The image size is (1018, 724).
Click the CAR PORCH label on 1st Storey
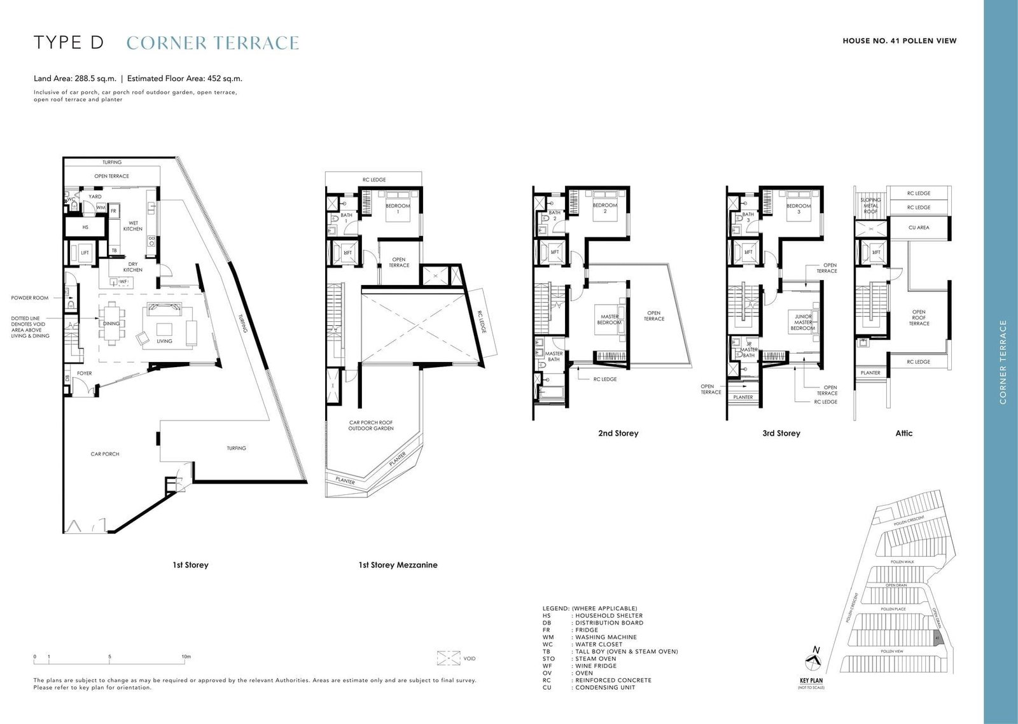(x=105, y=454)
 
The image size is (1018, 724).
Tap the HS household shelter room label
(x=85, y=227)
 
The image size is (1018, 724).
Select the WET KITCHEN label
(x=133, y=226)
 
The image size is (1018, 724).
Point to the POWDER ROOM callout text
(x=29, y=298)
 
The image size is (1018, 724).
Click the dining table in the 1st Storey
(x=111, y=324)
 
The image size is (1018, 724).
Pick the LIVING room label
(x=164, y=341)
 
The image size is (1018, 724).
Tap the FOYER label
(x=85, y=373)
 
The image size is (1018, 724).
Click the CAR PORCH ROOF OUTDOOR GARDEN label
(x=371, y=426)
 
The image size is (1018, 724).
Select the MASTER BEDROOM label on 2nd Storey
(x=609, y=319)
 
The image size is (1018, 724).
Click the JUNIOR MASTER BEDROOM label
(x=803, y=322)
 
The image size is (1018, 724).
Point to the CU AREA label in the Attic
(x=918, y=228)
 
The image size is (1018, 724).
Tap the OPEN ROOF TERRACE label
(x=918, y=317)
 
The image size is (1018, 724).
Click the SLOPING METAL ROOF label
(x=870, y=205)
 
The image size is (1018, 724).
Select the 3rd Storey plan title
(x=781, y=433)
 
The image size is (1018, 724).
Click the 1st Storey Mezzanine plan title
(x=398, y=565)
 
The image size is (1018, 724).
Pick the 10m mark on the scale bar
(x=186, y=657)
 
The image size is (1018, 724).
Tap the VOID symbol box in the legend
(x=449, y=658)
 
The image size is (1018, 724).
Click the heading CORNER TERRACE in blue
(x=213, y=43)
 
